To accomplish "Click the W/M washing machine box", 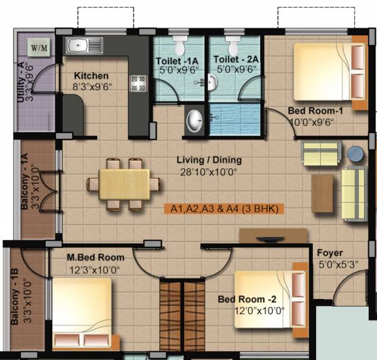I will (39, 46).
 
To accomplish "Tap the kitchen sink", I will (85, 45).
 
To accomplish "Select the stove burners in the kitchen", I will (137, 84).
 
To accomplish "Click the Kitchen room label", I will (92, 75).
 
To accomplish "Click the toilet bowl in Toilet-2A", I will (233, 46).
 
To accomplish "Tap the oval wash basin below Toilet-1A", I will (195, 119).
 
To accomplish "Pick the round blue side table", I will (356, 154).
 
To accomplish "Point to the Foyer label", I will (329, 252).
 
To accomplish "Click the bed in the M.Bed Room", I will (82, 312).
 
